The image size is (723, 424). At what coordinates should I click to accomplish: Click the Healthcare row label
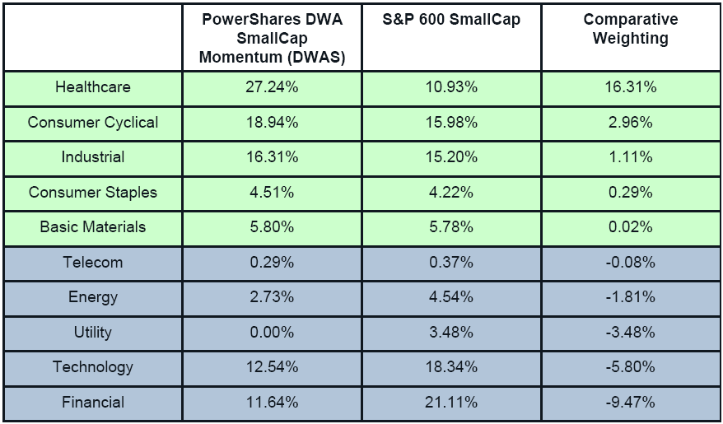92,87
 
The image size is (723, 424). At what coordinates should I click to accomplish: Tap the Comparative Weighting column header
631,29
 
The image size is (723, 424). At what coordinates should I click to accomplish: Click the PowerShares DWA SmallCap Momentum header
271,37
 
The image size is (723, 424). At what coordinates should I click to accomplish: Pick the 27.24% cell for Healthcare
271,87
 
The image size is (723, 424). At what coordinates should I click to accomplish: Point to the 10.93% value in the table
451,87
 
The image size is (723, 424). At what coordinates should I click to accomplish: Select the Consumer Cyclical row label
92,123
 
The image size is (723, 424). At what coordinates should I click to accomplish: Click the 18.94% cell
271,123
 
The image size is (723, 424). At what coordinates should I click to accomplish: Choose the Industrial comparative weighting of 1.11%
631,157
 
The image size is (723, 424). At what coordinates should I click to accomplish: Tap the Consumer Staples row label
92,193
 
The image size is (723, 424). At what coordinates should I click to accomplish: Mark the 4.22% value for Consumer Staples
451,193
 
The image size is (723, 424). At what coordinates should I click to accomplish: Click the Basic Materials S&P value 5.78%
451,227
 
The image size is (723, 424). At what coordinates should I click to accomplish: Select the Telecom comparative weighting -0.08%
631,263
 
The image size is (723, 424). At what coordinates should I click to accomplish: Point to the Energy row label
92,297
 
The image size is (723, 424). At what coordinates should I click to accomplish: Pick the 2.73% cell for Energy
271,297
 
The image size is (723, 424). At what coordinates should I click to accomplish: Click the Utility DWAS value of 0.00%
271,333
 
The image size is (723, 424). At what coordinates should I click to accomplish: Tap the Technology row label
92,367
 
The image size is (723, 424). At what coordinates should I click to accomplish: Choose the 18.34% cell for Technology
451,367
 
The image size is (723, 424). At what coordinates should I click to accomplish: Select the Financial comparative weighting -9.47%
631,403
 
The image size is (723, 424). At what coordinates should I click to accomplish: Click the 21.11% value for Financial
451,403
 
